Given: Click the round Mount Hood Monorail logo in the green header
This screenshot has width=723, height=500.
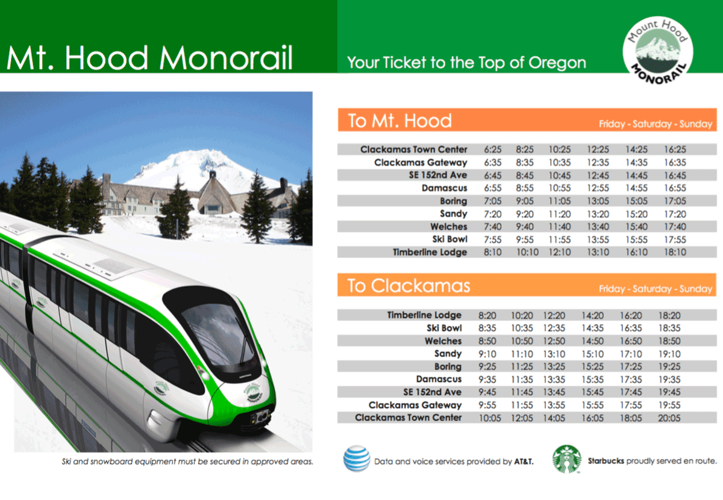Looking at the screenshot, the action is (x=657, y=51).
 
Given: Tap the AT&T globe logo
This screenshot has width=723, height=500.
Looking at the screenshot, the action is (x=356, y=458).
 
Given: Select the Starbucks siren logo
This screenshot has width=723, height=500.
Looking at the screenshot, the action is (x=567, y=459).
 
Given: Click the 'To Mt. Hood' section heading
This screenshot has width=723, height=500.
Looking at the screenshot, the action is (x=399, y=121).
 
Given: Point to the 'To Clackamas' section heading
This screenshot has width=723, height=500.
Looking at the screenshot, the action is (x=408, y=286).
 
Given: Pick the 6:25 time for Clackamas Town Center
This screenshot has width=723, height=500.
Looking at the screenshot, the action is (x=493, y=150).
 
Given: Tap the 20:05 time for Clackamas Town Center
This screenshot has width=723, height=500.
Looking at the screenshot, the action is (x=669, y=418).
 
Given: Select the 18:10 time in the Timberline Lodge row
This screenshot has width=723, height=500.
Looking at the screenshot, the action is (x=675, y=253).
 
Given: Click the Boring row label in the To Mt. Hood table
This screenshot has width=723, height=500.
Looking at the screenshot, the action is (x=454, y=201).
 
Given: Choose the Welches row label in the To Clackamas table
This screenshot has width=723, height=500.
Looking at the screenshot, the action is (x=443, y=341).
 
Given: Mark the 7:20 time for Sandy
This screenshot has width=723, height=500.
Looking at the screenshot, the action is (x=493, y=214).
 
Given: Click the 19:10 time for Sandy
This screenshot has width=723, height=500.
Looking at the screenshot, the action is (x=669, y=354).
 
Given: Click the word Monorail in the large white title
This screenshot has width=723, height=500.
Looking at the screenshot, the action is (x=226, y=58).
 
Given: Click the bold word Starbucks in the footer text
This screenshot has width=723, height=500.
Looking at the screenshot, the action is (x=606, y=461).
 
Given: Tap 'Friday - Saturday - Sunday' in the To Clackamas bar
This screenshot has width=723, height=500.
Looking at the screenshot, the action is (x=656, y=289).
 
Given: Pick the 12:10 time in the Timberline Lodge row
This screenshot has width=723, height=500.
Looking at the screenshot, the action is (x=560, y=253).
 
